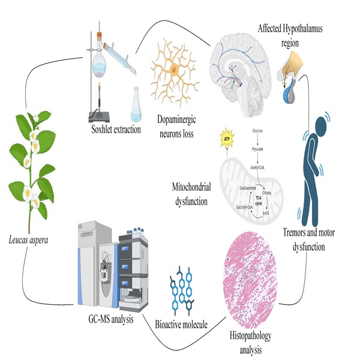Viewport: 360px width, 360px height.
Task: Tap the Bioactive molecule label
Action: (181, 325)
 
